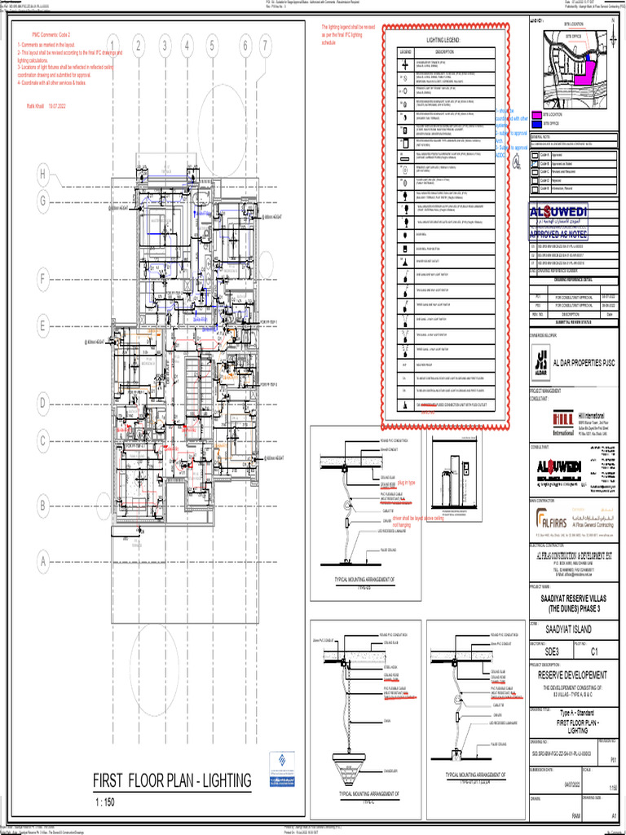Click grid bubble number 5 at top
(212, 46)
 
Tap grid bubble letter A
(41, 562)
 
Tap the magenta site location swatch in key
(536, 115)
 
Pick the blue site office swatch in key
(536, 124)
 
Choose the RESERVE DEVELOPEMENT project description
(573, 674)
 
